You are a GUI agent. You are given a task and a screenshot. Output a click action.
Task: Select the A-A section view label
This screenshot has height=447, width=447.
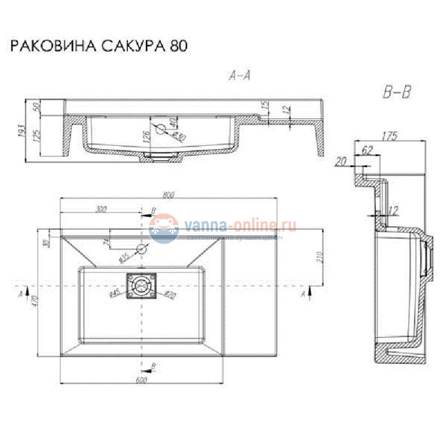239,76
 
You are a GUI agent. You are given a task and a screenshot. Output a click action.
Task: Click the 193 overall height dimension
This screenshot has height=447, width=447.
23,130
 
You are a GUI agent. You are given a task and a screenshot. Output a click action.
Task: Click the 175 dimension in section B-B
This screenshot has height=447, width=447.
389,136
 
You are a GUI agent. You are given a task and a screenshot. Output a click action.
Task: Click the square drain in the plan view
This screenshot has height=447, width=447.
142,284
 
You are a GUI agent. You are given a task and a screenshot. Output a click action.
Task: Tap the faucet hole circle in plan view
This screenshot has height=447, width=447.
142,248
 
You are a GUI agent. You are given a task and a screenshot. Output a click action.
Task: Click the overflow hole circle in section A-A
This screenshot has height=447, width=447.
161,129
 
